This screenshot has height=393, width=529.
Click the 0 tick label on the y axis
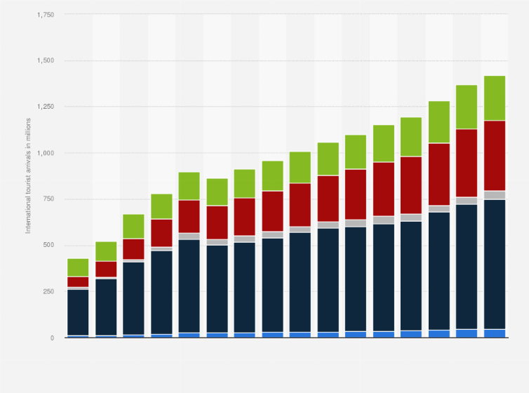[x=52, y=338]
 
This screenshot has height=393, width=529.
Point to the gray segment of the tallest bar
[x=495, y=195]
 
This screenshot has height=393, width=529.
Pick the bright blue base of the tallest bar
[x=495, y=333]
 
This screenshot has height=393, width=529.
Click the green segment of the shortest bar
[x=78, y=267]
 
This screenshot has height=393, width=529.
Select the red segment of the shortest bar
[x=78, y=281]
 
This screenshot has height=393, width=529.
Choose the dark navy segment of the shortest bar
[x=78, y=312]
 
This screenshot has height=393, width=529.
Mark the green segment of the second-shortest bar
[x=106, y=251]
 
